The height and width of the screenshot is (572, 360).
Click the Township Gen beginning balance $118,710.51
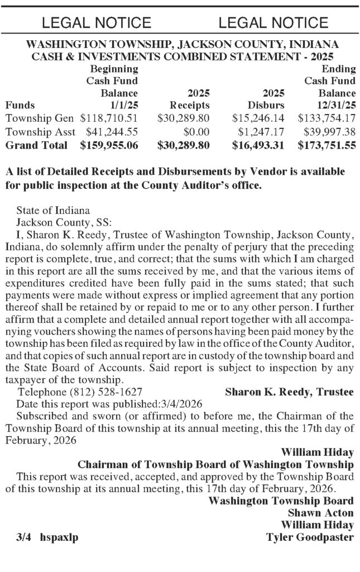109,118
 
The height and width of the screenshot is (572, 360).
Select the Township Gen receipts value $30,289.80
184,118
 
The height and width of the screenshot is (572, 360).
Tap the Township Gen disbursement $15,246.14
258,118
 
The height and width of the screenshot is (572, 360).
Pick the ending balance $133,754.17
327,118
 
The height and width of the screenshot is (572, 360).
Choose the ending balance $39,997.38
329,132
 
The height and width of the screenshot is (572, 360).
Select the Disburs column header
266,105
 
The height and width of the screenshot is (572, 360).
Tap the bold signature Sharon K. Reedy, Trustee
289,392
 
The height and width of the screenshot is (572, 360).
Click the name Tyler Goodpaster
310,538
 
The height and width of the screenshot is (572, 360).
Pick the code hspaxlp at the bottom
59,538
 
